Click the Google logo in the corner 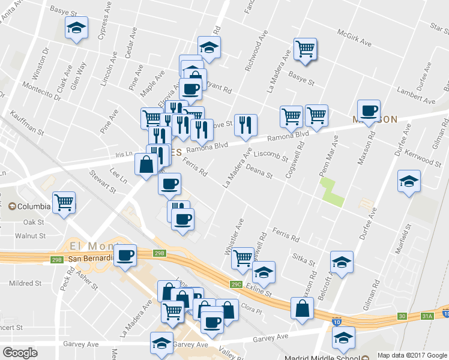pyautogui.click(x=20, y=353)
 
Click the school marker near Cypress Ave pyautogui.click(x=76, y=28)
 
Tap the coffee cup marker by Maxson pyautogui.click(x=369, y=110)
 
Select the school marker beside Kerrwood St pyautogui.click(x=409, y=181)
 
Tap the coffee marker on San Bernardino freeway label pyautogui.click(x=125, y=255)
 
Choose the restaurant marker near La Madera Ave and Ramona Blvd pyautogui.click(x=246, y=125)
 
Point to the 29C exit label pyautogui.click(x=236, y=284)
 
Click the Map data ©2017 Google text pyautogui.click(x=412, y=355)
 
